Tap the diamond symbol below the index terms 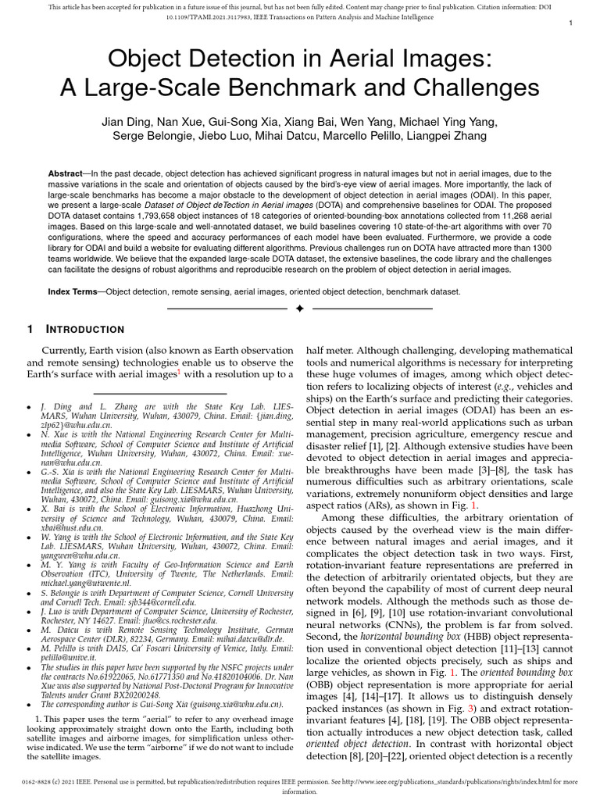299,310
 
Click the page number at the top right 571,24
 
